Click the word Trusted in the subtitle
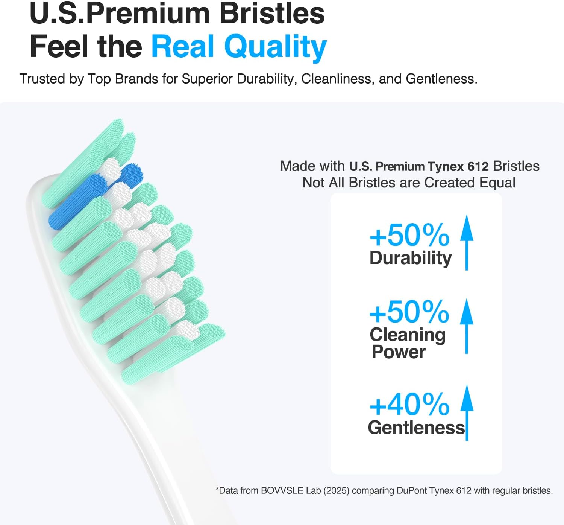click(42, 79)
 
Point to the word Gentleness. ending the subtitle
click(441, 79)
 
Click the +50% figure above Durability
click(409, 236)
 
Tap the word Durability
click(411, 259)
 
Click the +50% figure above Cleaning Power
click(409, 312)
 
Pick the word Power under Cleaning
click(399, 352)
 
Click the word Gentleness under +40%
click(416, 428)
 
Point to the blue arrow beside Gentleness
click(467, 412)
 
